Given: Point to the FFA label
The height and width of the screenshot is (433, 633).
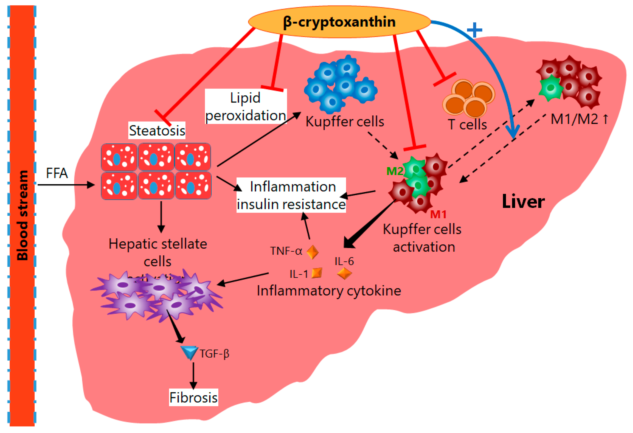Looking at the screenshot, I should [57, 173].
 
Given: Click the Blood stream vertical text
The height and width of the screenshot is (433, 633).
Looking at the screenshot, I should [22, 215].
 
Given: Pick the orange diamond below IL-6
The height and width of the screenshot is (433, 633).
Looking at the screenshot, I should [344, 273].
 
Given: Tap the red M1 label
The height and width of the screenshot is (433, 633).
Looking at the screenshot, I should [438, 215].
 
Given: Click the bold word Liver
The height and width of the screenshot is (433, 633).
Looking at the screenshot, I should [523, 202].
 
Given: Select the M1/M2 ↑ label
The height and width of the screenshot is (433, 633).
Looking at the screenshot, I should [579, 119].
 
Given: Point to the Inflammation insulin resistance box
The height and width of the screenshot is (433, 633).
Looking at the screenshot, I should [291, 195].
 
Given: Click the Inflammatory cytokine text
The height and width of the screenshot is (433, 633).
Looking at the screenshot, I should [329, 291].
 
